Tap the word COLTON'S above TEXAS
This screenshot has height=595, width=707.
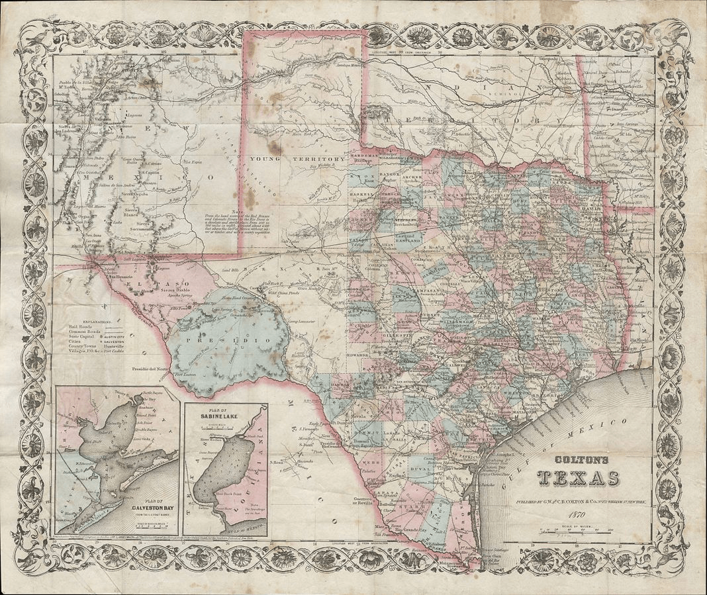(x=578, y=457)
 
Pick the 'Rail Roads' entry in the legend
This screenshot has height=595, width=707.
(x=82, y=326)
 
